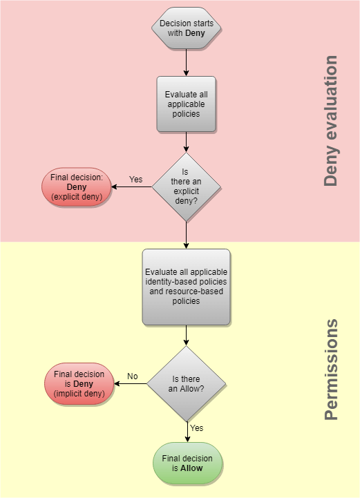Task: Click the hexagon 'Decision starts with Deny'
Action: click(187, 28)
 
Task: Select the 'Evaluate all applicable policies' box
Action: click(186, 104)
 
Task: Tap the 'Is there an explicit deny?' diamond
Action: click(186, 186)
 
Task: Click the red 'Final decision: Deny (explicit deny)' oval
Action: click(77, 186)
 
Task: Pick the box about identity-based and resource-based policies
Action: click(186, 287)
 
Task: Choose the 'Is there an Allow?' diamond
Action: click(187, 383)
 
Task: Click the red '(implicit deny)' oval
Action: click(79, 383)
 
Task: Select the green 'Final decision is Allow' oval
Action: click(187, 463)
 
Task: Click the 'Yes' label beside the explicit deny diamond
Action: click(135, 180)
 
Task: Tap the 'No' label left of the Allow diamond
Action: click(133, 376)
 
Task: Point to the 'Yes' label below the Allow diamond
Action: click(197, 428)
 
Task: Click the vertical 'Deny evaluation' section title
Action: click(331, 121)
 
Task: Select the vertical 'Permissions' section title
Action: click(331, 370)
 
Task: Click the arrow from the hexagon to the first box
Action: click(187, 62)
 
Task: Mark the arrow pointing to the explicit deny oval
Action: click(131, 186)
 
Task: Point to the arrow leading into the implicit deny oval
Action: click(131, 383)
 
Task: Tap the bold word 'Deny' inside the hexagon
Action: click(195, 33)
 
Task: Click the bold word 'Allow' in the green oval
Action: click(191, 468)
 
